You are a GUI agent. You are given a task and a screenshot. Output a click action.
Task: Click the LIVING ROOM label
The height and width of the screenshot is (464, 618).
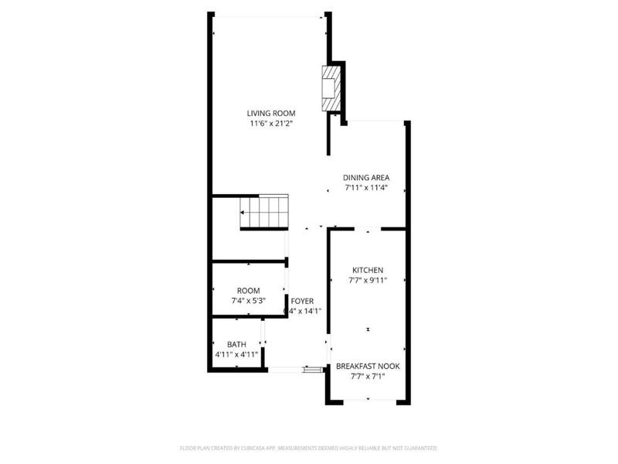pyautogui.click(x=271, y=114)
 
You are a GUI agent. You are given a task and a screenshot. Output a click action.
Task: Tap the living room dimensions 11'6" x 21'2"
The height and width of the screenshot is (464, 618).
pyautogui.click(x=271, y=123)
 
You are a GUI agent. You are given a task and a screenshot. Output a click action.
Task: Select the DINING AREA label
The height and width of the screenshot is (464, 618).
pyautogui.click(x=366, y=178)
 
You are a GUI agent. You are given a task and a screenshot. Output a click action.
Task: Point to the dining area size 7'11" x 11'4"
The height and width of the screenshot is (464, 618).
pyautogui.click(x=366, y=187)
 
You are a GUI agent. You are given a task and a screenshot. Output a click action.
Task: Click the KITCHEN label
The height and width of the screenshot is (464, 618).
pyautogui.click(x=368, y=270)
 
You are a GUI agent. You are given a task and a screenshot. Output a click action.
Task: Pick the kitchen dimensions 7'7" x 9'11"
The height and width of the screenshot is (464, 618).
pyautogui.click(x=368, y=280)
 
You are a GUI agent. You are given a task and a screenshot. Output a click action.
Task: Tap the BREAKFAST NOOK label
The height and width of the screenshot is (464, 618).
pyautogui.click(x=368, y=367)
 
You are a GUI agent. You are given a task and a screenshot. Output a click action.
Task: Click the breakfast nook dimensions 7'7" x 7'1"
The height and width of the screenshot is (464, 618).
pyautogui.click(x=368, y=377)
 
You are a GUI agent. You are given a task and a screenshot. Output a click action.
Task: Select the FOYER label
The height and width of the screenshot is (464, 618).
pyautogui.click(x=302, y=300)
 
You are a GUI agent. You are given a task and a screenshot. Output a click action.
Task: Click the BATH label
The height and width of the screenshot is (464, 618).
pyautogui.click(x=236, y=344)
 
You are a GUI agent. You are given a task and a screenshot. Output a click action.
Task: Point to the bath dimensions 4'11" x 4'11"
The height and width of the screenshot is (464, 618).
pyautogui.click(x=236, y=354)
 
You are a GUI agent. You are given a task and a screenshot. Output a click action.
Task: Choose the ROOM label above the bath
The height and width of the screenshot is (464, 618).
pyautogui.click(x=249, y=290)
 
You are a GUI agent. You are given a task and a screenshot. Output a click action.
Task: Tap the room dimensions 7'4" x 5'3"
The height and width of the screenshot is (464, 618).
pyautogui.click(x=249, y=300)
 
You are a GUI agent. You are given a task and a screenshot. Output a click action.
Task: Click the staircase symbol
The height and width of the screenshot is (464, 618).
pyautogui.click(x=263, y=211)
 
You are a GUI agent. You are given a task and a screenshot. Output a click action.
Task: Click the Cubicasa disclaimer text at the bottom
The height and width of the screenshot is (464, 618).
pyautogui.click(x=309, y=448)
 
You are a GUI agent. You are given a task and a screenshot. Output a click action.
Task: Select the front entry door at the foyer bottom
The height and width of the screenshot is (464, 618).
pyautogui.click(x=313, y=370)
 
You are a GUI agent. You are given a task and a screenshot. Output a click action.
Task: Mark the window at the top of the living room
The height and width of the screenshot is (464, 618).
pyautogui.click(x=268, y=16)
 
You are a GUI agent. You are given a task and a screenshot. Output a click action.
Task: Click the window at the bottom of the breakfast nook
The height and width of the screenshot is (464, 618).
pyautogui.click(x=368, y=400)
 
